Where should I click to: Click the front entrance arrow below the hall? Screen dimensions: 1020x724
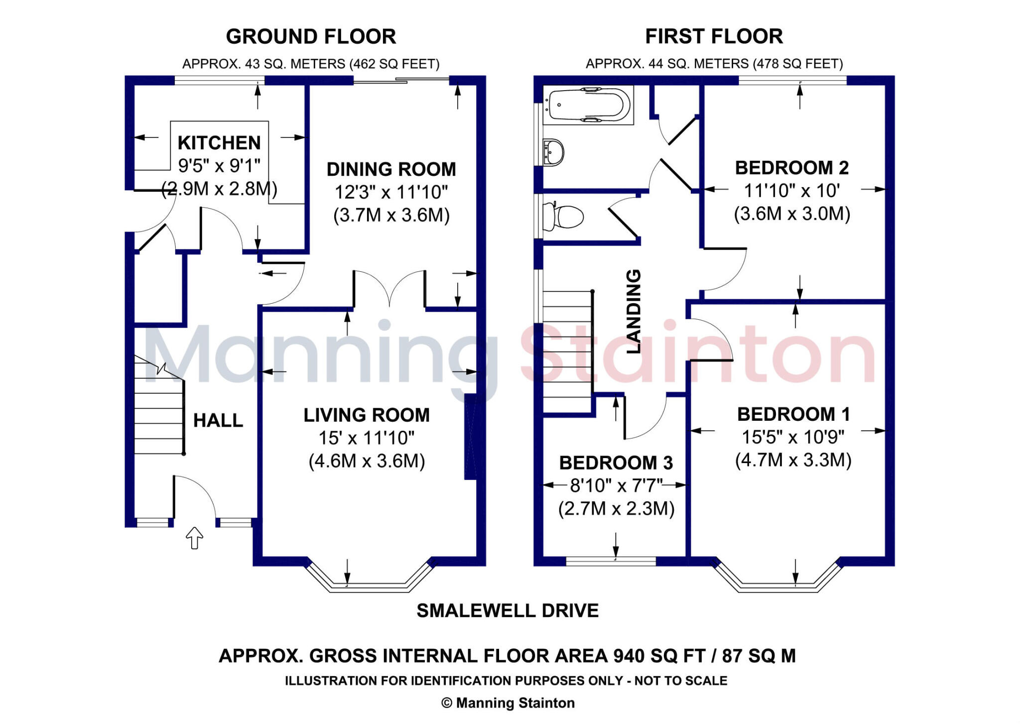(x=194, y=538)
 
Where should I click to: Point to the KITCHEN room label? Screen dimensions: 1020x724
(x=219, y=143)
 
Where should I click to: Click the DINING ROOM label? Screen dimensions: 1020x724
(x=391, y=169)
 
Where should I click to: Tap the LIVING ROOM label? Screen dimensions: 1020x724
(x=367, y=415)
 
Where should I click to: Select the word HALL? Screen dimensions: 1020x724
(x=218, y=421)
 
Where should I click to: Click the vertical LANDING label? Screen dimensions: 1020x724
(x=634, y=312)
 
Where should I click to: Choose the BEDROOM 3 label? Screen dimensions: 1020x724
(x=616, y=463)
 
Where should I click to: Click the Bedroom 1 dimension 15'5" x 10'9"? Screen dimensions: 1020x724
(x=793, y=437)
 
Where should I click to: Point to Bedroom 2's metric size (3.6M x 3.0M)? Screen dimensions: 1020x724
(x=792, y=214)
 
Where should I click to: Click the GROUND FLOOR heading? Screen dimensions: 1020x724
(x=311, y=37)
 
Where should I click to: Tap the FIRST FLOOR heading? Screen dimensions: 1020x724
(x=714, y=36)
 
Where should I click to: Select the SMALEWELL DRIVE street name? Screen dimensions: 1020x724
(x=508, y=611)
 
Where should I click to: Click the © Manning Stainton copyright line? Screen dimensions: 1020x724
(x=508, y=703)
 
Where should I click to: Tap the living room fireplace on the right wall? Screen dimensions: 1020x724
(x=471, y=437)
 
